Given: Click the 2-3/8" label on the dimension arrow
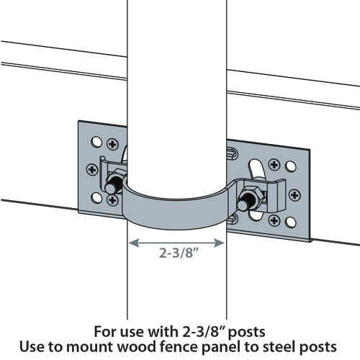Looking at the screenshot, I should [177, 253].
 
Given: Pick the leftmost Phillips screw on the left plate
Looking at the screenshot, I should [92, 169].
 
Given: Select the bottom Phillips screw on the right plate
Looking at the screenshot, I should [272, 220].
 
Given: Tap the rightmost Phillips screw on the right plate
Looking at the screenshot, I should [294, 194].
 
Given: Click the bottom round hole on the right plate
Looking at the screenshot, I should [290, 218].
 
